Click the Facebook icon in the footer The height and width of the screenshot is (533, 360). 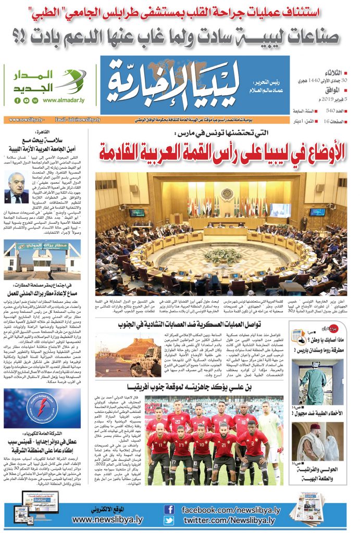169,509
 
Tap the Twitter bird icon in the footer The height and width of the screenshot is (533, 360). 169,521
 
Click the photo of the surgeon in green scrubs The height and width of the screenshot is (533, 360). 309,381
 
